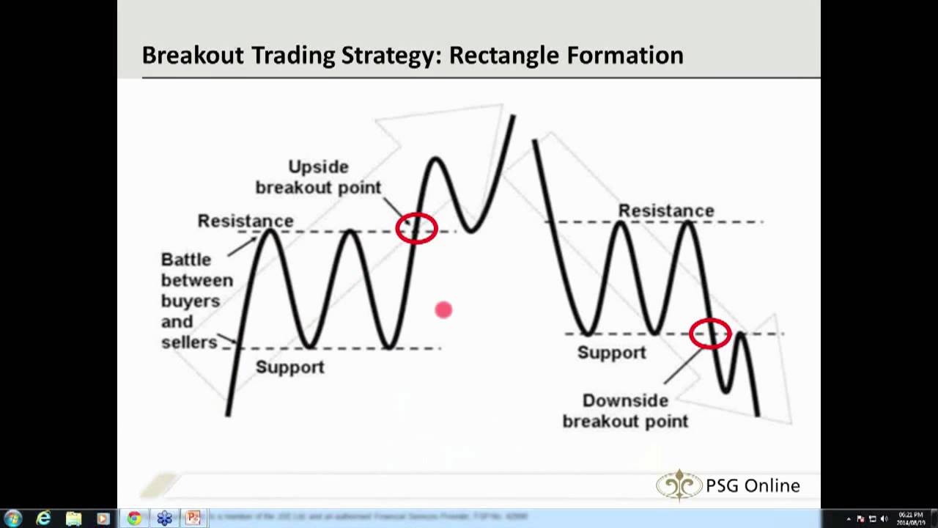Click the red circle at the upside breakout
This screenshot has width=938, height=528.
[x=416, y=228]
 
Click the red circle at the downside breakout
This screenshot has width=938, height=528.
[x=710, y=334]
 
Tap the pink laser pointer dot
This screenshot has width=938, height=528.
[x=443, y=310]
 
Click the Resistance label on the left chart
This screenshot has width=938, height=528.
[x=245, y=221]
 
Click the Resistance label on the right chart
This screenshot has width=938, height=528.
[x=665, y=210]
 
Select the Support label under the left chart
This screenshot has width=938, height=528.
[x=289, y=367]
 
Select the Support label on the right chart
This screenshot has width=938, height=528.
[x=611, y=352]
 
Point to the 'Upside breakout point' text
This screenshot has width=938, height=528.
[x=318, y=177]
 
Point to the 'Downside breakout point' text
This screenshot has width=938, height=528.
[x=625, y=411]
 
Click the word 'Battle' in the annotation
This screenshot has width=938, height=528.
[x=186, y=260]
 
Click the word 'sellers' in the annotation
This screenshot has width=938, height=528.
[x=189, y=342]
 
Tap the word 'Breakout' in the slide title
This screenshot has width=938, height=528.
[x=192, y=55]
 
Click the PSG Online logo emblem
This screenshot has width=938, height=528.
[x=679, y=485]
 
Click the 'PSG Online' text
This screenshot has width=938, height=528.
[x=753, y=485]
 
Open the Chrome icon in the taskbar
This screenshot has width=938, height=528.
[x=134, y=518]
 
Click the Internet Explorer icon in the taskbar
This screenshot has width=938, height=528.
[x=43, y=518]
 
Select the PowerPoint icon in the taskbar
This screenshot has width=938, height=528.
[x=193, y=518]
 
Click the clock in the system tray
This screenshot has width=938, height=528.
[x=909, y=518]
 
